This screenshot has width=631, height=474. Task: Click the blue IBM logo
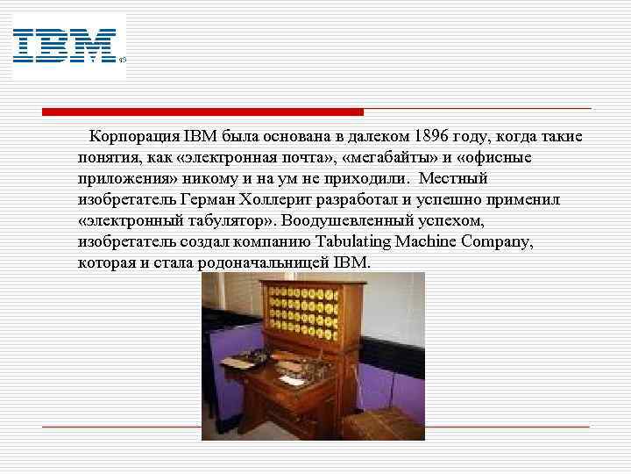(x=65, y=46)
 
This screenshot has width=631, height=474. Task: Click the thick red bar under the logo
(x=202, y=112)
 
